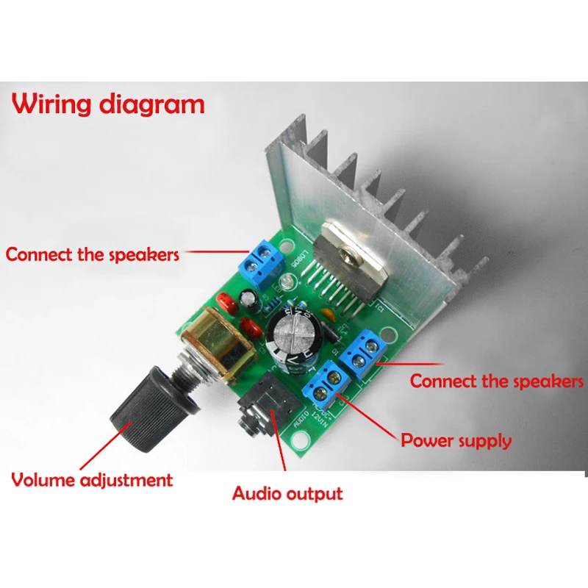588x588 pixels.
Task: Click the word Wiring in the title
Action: pyautogui.click(x=53, y=104)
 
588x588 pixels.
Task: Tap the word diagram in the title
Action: pyautogui.click(x=153, y=105)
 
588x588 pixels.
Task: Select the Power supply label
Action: pyautogui.click(x=456, y=441)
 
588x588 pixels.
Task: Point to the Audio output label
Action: pyautogui.click(x=287, y=492)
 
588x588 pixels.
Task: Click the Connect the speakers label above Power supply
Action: pyautogui.click(x=496, y=381)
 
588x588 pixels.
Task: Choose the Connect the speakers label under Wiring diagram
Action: pyautogui.click(x=93, y=255)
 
